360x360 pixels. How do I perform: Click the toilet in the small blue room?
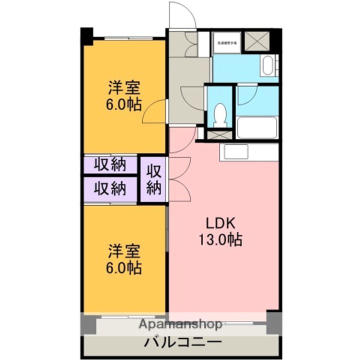pos(219,114)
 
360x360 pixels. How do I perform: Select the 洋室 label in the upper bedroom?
pos(124,88)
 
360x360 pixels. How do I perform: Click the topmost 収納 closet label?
pos(110,164)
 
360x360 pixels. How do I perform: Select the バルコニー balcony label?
pos(183,343)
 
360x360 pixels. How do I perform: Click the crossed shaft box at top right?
pos(258,40)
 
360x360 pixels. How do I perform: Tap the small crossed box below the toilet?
pos(219,134)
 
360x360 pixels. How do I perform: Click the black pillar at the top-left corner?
pos(87,35)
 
